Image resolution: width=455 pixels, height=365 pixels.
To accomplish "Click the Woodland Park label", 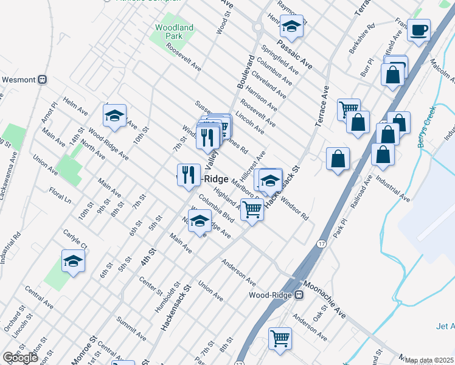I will tap(174, 32).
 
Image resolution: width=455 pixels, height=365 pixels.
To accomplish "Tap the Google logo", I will tap(20, 358).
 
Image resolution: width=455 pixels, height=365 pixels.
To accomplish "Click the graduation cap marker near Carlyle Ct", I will tap(74, 261).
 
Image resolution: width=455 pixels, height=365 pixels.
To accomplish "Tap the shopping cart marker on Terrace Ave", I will tap(349, 109).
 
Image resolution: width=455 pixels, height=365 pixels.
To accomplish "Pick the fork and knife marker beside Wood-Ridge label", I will tap(189, 175).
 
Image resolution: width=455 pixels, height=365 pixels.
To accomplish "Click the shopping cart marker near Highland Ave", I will tap(252, 210).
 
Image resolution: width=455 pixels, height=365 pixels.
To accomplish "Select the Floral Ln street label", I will tap(60, 195).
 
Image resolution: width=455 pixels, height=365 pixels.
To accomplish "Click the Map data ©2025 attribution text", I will tap(429, 360).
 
